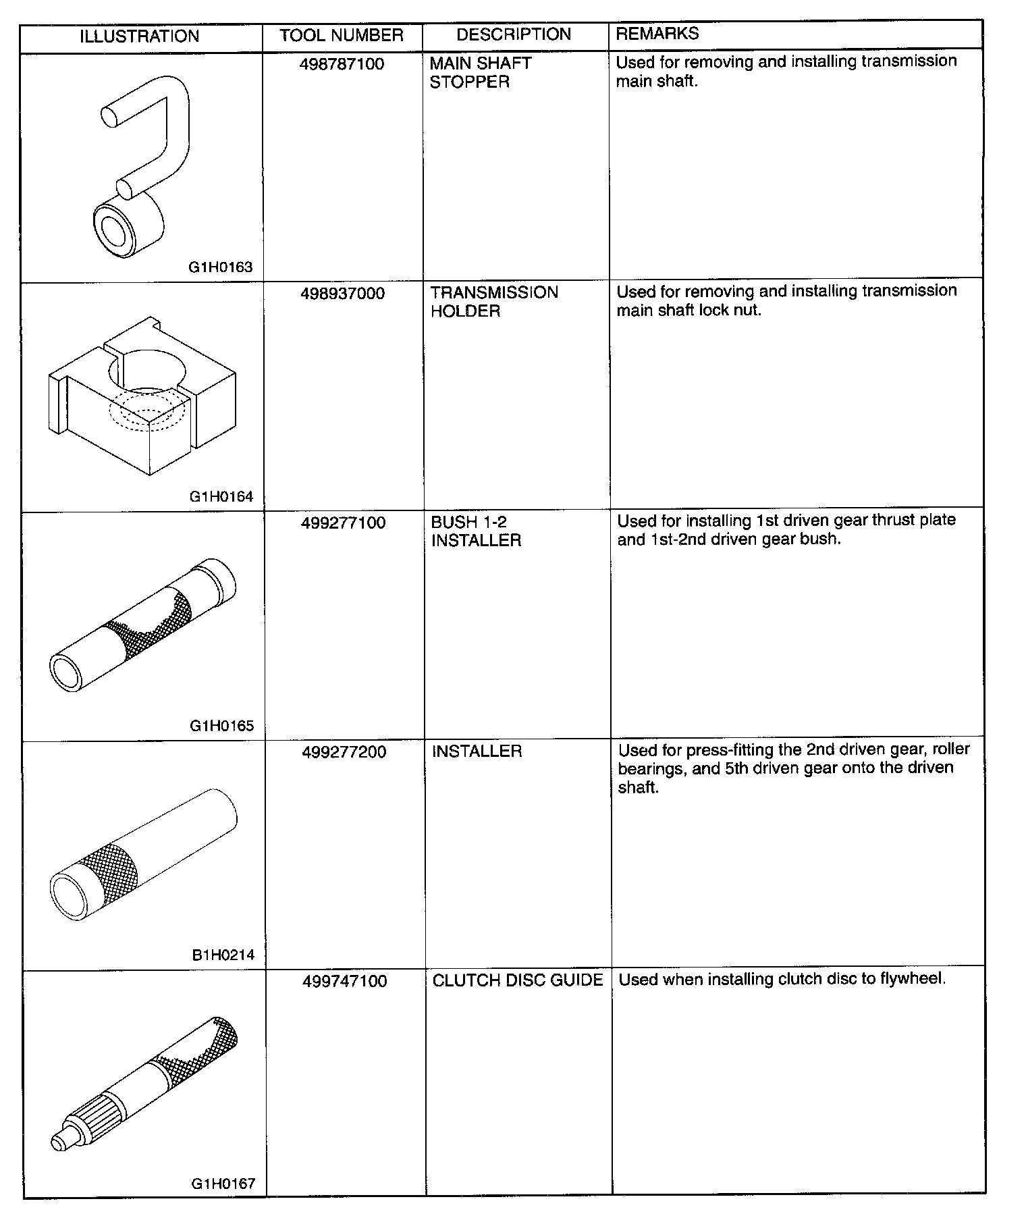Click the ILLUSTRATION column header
(140, 36)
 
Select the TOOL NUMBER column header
(342, 35)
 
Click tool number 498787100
(342, 64)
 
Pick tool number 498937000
(343, 294)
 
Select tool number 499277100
(343, 523)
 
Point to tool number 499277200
(344, 752)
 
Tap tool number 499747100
(344, 981)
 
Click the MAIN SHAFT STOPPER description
(481, 72)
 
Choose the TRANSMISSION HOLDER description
(494, 302)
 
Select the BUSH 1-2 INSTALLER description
(476, 531)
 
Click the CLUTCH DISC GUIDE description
(518, 980)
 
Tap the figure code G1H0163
(221, 267)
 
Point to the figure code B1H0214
(222, 955)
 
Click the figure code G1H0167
(223, 1184)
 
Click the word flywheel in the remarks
(913, 979)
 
